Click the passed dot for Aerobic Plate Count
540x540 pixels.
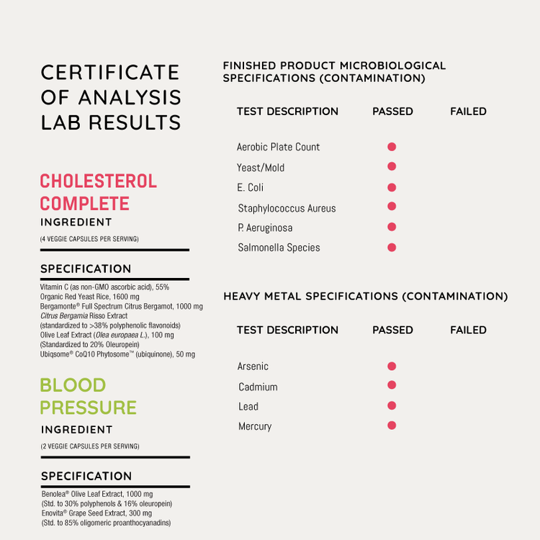click(392, 147)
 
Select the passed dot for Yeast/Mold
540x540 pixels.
click(392, 167)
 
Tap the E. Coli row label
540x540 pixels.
click(251, 188)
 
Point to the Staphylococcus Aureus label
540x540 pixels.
click(287, 208)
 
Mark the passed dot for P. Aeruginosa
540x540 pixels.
click(392, 228)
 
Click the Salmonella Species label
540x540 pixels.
click(279, 248)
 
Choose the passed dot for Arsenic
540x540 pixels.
click(392, 366)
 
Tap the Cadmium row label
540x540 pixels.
click(258, 387)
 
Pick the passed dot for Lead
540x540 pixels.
click(392, 406)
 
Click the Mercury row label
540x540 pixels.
click(255, 426)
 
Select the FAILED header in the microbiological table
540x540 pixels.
click(468, 112)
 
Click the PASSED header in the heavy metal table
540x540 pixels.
click(392, 330)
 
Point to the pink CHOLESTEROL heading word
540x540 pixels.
click(98, 181)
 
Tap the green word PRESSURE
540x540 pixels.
click(88, 408)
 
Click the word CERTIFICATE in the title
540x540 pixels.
click(110, 73)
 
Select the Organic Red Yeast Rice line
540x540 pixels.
click(90, 297)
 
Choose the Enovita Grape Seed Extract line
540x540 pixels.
click(96, 513)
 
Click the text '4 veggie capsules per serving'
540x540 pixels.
click(89, 239)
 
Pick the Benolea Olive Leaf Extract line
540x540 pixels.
click(96, 494)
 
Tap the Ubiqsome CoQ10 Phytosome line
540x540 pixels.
click(117, 354)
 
